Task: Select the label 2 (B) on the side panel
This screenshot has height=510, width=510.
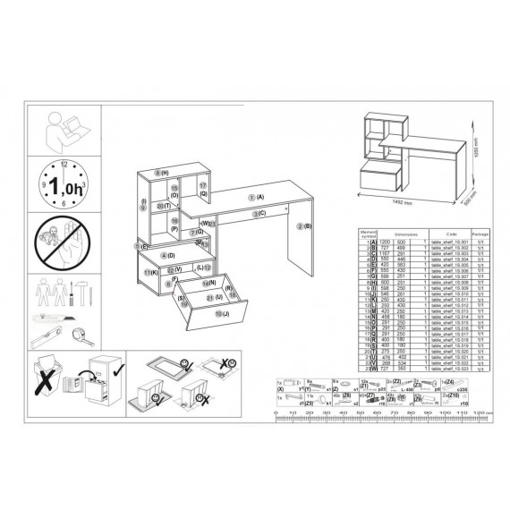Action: tap(302, 226)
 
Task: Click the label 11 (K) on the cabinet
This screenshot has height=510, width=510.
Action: tap(150, 271)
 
